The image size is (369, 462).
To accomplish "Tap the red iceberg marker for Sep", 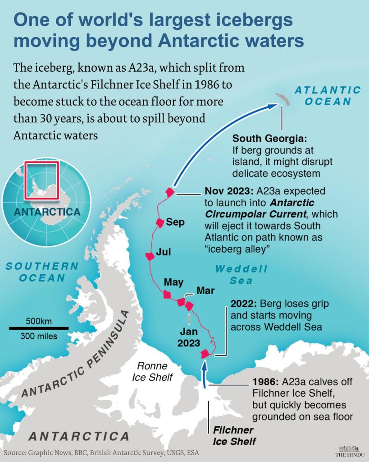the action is point(159,222).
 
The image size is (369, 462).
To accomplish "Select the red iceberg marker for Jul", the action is point(150,256).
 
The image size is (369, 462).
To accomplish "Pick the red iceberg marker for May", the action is point(167,295).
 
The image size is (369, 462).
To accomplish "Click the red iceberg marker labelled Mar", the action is point(181,301).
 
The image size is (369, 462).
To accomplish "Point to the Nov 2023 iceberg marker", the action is point(170,192).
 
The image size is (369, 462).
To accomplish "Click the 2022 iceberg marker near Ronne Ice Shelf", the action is point(205,353).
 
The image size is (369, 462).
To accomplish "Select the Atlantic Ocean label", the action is point(328,95).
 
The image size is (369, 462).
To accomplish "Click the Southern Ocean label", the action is point(42,272).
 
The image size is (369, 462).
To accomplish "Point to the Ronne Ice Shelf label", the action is point(152,371).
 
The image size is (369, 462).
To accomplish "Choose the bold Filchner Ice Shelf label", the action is point(233,435).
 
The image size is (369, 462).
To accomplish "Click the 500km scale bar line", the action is point(39,328).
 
